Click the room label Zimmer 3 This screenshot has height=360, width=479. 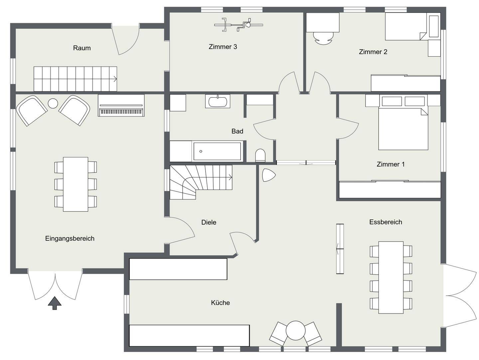pos(223,47)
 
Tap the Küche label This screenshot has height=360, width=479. pos(220,303)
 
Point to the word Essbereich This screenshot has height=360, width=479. pos(386,222)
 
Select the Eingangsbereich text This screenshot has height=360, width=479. pos(70,239)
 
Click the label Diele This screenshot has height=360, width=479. pos(209,222)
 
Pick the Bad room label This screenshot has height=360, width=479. pos(237,131)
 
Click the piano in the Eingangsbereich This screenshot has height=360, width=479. pos(121,106)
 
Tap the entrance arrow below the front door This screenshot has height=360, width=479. pos(55,303)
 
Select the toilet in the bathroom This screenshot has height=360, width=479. pos(260,156)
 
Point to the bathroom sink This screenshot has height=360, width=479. pos(218,101)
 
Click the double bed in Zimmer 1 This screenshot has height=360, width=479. pos(403,128)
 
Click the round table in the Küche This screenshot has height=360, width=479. pos(295,330)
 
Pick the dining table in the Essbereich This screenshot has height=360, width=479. pos(391,277)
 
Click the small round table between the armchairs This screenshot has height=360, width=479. pos(53,103)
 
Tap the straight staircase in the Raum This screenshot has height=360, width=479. pos(75,79)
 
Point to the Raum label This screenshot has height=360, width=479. pos(82,48)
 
